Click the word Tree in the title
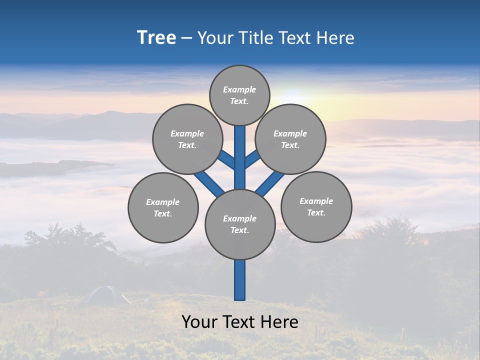(x=156, y=38)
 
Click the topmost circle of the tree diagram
(x=239, y=95)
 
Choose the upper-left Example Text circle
(x=187, y=139)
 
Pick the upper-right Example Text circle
(x=290, y=139)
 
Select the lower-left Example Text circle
(x=163, y=207)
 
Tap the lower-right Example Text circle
(x=316, y=206)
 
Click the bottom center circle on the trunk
(x=240, y=224)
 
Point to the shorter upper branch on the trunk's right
(x=252, y=159)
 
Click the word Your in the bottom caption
(x=199, y=322)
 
